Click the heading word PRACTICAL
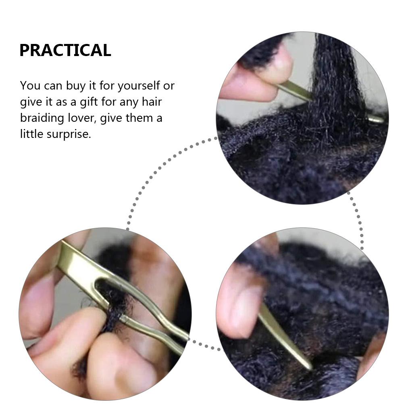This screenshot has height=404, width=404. [x=65, y=50]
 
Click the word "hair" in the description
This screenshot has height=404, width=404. [x=152, y=102]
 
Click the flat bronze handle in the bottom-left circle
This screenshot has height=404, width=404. [x=77, y=262]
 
